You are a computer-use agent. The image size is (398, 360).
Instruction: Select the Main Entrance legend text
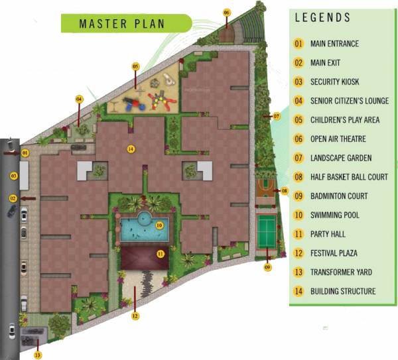[334, 44]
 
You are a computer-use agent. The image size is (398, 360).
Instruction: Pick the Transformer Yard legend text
[341, 272]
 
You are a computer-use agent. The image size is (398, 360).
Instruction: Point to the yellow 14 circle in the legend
[298, 291]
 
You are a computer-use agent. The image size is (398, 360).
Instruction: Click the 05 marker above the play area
[135, 66]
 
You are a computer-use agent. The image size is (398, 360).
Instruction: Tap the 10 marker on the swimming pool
[159, 225]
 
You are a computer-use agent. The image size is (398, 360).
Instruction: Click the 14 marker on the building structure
[131, 149]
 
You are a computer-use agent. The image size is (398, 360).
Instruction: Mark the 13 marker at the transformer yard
[38, 355]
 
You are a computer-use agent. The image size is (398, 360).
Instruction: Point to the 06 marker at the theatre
[227, 12]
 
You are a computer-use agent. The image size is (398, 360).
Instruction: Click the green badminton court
[267, 227]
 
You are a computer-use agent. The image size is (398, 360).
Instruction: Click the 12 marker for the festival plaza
[135, 316]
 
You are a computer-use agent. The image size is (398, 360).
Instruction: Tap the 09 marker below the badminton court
[268, 267]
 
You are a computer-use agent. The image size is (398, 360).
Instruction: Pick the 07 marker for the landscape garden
[277, 117]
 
